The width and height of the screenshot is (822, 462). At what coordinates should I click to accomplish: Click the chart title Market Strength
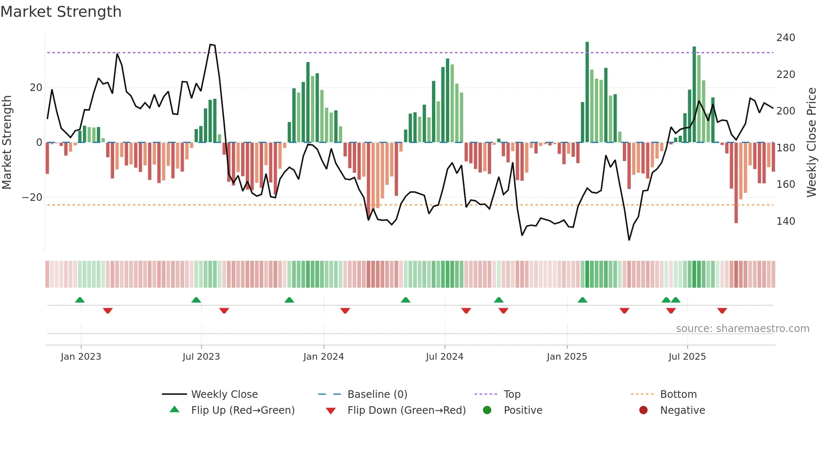[61, 12]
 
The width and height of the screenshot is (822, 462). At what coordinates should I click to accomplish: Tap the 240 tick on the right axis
[785, 38]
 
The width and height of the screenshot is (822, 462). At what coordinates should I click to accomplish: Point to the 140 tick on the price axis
[785, 221]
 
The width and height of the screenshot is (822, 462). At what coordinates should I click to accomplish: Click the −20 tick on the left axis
[32, 197]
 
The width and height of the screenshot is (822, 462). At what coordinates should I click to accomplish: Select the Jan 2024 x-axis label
[323, 357]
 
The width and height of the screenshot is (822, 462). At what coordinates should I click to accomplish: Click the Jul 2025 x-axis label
[687, 357]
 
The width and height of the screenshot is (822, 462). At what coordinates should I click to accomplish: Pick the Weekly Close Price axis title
[812, 143]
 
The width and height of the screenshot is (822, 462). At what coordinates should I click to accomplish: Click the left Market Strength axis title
[7, 143]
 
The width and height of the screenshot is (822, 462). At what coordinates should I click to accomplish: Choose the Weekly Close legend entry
[224, 395]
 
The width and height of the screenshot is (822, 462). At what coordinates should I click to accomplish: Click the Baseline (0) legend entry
[377, 395]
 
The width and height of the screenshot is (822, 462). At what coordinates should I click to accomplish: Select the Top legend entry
[512, 395]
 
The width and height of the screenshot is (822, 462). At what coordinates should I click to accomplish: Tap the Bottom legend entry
[678, 395]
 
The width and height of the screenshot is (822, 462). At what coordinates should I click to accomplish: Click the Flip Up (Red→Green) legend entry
[243, 410]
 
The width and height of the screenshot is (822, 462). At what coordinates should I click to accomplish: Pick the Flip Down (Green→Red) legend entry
[406, 410]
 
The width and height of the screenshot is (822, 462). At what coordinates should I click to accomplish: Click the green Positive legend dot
[487, 410]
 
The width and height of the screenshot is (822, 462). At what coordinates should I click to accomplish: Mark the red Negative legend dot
[643, 410]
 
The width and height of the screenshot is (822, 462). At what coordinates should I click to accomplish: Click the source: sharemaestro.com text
[742, 329]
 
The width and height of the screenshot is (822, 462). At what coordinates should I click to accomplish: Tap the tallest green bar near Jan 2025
[587, 92]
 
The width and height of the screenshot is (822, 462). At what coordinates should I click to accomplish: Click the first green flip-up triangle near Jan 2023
[80, 300]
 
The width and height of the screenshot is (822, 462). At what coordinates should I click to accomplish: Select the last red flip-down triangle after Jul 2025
[722, 311]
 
